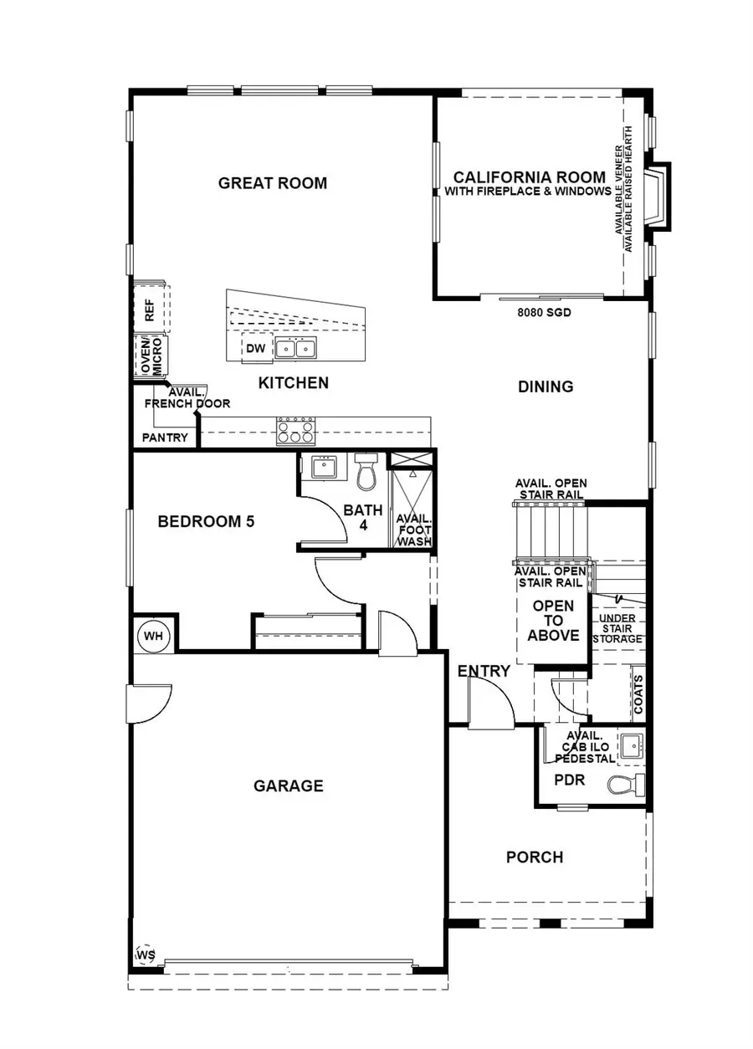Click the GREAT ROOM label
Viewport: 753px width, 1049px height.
pyautogui.click(x=273, y=183)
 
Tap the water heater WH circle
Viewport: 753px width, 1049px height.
pyautogui.click(x=153, y=636)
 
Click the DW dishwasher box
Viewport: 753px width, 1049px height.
pyautogui.click(x=256, y=349)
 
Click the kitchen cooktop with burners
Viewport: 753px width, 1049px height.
pyautogui.click(x=295, y=432)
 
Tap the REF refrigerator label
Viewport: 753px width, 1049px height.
pyautogui.click(x=150, y=310)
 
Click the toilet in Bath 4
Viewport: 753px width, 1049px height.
pyautogui.click(x=366, y=473)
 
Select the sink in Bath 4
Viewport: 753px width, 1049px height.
pyautogui.click(x=324, y=467)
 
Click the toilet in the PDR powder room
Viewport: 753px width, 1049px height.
pyautogui.click(x=627, y=784)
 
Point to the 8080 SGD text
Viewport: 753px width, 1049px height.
pyautogui.click(x=544, y=312)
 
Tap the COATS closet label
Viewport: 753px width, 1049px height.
pyautogui.click(x=638, y=694)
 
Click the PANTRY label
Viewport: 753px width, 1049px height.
pyautogui.click(x=165, y=438)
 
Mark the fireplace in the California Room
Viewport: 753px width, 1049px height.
pyautogui.click(x=658, y=197)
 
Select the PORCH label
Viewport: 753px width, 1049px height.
pyautogui.click(x=535, y=857)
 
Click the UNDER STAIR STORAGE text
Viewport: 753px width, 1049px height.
pyautogui.click(x=617, y=628)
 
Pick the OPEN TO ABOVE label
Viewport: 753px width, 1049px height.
pyautogui.click(x=553, y=621)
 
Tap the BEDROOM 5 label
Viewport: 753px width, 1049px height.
pyautogui.click(x=206, y=521)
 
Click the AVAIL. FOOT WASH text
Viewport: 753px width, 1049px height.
pyautogui.click(x=414, y=530)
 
